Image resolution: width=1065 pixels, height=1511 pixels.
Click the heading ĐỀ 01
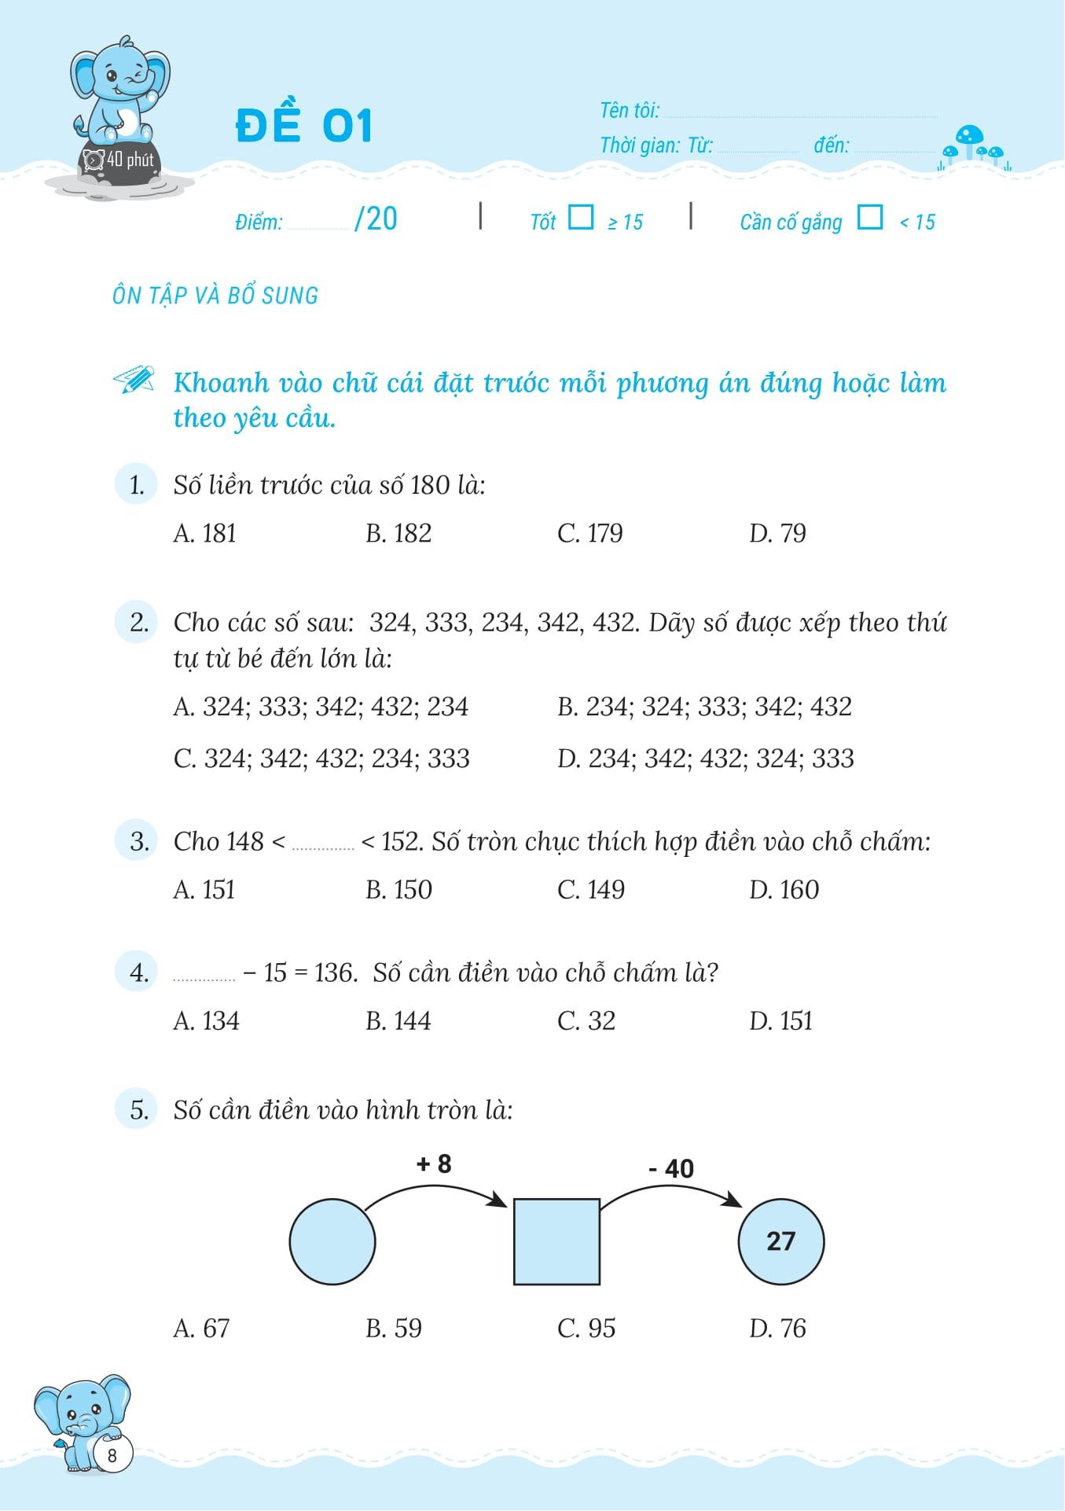(x=303, y=125)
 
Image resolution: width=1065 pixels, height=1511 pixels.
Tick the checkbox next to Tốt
(x=580, y=217)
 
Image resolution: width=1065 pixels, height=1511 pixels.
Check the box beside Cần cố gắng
(x=869, y=217)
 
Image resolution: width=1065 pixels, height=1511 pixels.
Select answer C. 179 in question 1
(x=589, y=534)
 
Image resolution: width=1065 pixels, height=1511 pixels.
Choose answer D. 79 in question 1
(x=777, y=534)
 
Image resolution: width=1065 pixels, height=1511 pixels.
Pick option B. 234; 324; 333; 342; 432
(x=704, y=707)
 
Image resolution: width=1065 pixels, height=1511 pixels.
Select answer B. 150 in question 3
(x=398, y=890)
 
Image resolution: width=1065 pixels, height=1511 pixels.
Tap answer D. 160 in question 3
(x=784, y=890)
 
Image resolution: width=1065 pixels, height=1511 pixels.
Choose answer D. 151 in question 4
(x=780, y=1021)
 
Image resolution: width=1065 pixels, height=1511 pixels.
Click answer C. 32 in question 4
(x=586, y=1021)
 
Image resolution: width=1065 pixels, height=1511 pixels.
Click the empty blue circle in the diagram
(x=332, y=1242)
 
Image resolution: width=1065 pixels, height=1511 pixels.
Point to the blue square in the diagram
(x=556, y=1242)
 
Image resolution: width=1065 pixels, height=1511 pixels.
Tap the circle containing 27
(x=781, y=1242)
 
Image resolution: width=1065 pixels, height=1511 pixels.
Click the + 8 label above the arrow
(x=434, y=1164)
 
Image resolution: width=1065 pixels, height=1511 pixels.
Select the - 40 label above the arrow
(x=671, y=1169)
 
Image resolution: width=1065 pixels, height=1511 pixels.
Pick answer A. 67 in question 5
(x=201, y=1329)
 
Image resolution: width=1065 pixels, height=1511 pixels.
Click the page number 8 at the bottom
(x=112, y=1455)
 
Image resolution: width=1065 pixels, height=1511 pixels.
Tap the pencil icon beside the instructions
(x=134, y=380)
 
